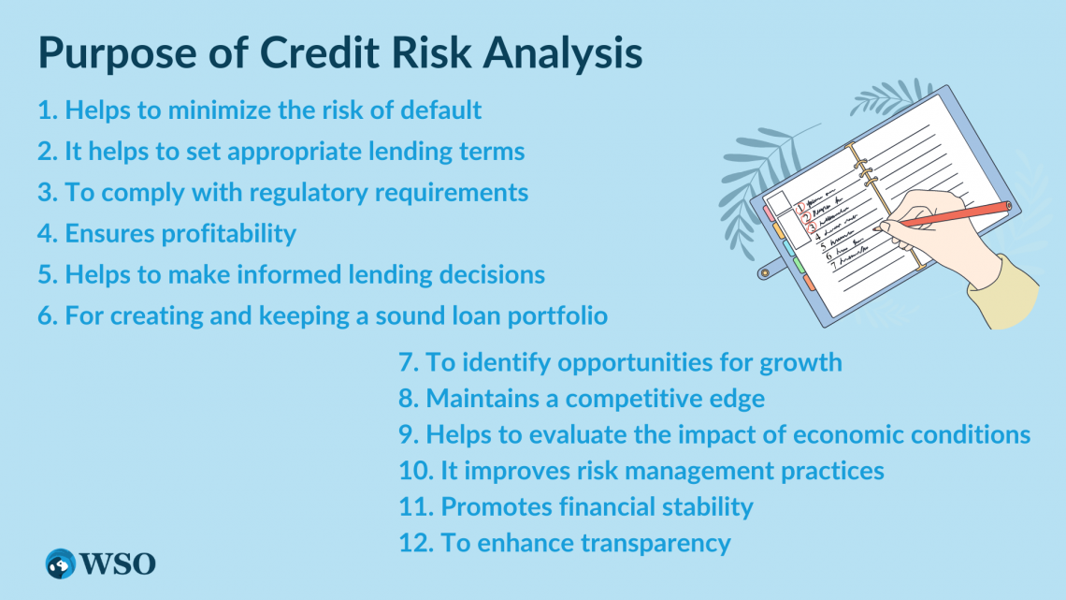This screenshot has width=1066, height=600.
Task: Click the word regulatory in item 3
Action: click(299, 193)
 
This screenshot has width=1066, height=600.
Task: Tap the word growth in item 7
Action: click(799, 362)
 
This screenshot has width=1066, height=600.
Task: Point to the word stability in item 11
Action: click(701, 507)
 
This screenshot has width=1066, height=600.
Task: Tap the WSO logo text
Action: click(118, 563)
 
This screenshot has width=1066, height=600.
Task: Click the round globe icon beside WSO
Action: click(61, 563)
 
